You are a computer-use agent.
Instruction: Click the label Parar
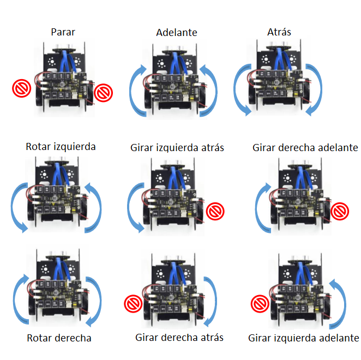click(63, 32)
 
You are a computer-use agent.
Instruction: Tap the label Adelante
click(176, 32)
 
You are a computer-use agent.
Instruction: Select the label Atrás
click(279, 32)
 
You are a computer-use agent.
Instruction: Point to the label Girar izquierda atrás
click(177, 147)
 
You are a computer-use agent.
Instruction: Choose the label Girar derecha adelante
click(305, 147)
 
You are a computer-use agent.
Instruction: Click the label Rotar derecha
click(59, 338)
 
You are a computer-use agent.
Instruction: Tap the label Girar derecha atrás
click(179, 338)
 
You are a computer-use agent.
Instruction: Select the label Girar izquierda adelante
click(303, 338)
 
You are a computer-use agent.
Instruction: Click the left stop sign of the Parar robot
click(22, 88)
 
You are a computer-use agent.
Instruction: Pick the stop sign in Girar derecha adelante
click(341, 210)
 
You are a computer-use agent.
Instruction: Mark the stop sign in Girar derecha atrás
click(132, 303)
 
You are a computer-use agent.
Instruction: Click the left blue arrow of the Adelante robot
click(136, 90)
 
